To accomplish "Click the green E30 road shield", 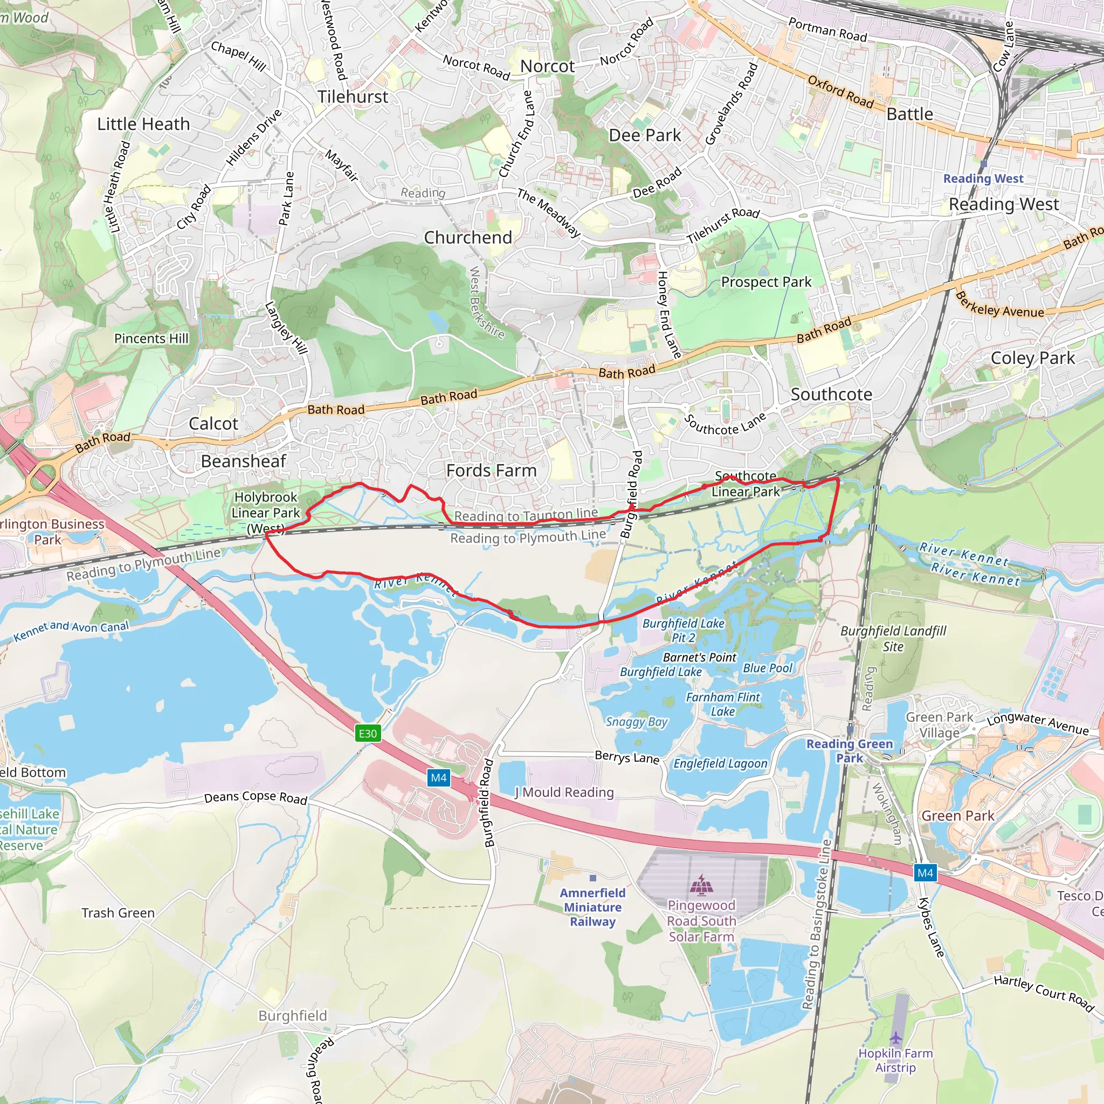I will [x=368, y=733].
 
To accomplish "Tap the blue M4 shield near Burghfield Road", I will [x=438, y=777].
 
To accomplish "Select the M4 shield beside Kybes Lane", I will [x=925, y=873].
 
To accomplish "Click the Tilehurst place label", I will [x=353, y=96].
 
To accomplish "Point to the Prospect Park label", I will [x=765, y=282].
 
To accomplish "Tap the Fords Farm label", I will [x=492, y=470].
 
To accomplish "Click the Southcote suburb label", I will [x=831, y=394].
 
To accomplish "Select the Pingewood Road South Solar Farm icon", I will [x=701, y=885].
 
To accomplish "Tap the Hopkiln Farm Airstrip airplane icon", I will [x=895, y=1037].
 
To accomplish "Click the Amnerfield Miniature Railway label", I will [x=592, y=907].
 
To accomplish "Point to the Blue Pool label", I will [x=768, y=668].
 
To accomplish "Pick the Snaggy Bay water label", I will [x=637, y=722].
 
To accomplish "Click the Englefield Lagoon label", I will [x=720, y=763].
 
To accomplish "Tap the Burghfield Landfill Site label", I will [x=893, y=638].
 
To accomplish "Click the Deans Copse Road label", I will [x=256, y=797].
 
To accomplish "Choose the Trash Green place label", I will [x=118, y=913].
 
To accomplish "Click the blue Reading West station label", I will [x=983, y=178].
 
